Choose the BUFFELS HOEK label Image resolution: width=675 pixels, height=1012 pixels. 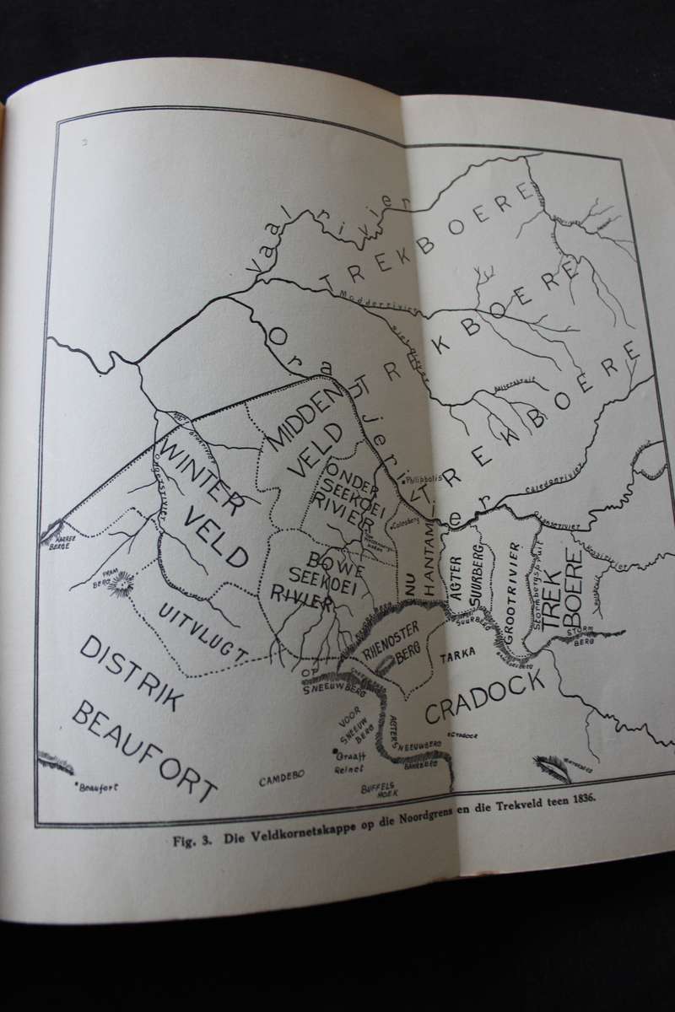pyautogui.click(x=377, y=789)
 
